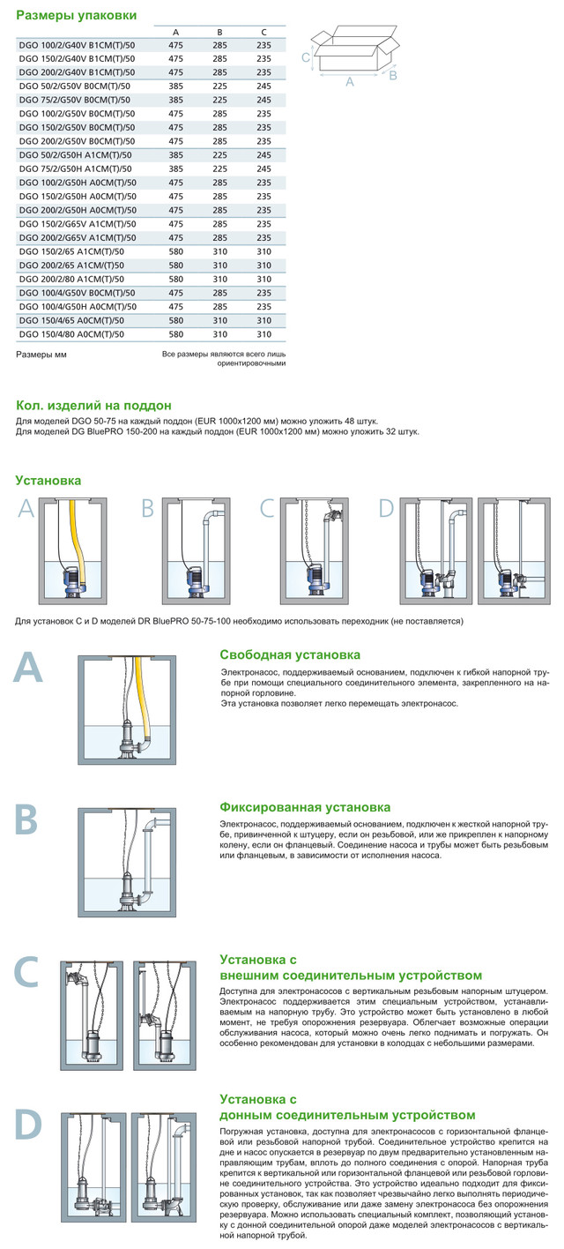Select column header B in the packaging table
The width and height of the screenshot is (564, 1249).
tap(219, 31)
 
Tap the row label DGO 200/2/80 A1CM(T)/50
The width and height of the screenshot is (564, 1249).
tap(70, 278)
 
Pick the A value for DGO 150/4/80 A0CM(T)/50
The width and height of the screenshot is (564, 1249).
tap(175, 334)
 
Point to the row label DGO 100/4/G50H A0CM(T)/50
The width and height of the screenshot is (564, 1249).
tap(77, 306)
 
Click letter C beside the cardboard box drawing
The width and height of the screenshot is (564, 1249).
tap(305, 57)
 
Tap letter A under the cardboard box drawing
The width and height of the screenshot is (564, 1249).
tap(350, 82)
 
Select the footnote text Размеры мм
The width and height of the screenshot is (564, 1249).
tap(41, 354)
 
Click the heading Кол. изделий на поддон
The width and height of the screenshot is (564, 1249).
tap(93, 406)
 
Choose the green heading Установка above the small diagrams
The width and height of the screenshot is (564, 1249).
tap(48, 481)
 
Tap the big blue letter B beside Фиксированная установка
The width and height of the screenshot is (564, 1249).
tap(27, 818)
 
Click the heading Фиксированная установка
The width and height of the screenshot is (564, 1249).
tap(304, 807)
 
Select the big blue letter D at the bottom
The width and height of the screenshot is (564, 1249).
tap(28, 1123)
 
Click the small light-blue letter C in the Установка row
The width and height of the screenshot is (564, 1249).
tap(269, 508)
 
